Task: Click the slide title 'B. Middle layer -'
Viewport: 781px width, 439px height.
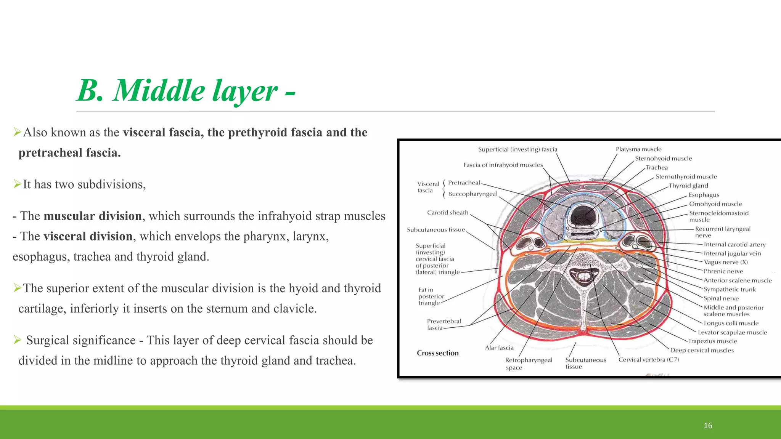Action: click(x=186, y=91)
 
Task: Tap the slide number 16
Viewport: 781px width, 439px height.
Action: click(x=708, y=426)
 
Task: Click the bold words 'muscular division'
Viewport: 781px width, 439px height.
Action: click(x=93, y=216)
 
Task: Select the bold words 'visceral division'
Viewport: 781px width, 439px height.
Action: click(x=88, y=236)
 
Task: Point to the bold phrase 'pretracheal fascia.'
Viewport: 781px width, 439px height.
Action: click(x=69, y=153)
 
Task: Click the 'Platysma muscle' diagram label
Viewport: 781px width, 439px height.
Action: click(x=638, y=149)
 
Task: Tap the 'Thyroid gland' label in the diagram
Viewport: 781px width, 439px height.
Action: click(x=688, y=186)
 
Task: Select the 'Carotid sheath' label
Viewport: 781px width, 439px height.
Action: click(x=447, y=213)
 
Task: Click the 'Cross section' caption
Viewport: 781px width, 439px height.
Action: click(x=437, y=353)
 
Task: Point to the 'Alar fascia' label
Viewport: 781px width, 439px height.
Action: click(x=499, y=348)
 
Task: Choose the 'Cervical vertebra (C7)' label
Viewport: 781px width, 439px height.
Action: click(x=649, y=360)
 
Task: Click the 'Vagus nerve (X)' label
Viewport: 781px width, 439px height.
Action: click(x=726, y=262)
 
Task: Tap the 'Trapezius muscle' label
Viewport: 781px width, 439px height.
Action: click(x=712, y=341)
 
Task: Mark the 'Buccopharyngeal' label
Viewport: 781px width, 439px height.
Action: click(x=472, y=194)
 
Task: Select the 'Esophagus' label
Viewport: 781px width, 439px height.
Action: click(x=704, y=195)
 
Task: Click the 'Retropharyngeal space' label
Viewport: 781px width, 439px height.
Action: click(x=528, y=364)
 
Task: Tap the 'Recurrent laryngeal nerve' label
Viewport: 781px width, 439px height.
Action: click(x=722, y=232)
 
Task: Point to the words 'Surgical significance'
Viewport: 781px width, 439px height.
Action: click(x=81, y=340)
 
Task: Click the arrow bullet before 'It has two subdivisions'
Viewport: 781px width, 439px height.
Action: click(x=17, y=184)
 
